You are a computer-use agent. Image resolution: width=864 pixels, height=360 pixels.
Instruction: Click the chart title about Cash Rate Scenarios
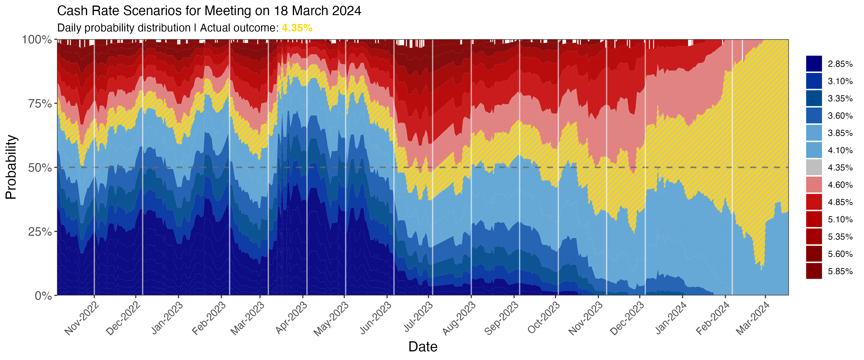click(209, 11)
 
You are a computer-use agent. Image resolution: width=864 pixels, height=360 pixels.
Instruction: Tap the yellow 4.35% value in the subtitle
click(297, 28)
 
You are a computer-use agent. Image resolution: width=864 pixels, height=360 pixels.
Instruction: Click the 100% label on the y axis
click(37, 40)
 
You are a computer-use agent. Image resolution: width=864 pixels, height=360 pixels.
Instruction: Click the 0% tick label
click(44, 296)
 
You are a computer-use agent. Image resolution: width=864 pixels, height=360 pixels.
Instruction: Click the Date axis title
click(423, 347)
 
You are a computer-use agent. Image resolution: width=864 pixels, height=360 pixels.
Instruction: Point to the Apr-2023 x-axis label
click(291, 317)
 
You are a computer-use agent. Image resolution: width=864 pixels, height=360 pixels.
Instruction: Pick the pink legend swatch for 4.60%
click(814, 185)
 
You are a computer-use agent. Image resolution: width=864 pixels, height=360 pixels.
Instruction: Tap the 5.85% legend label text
click(840, 271)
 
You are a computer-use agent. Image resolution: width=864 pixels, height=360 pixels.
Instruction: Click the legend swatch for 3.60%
click(814, 116)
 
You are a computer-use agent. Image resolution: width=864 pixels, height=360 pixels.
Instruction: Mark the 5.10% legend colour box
click(814, 219)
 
